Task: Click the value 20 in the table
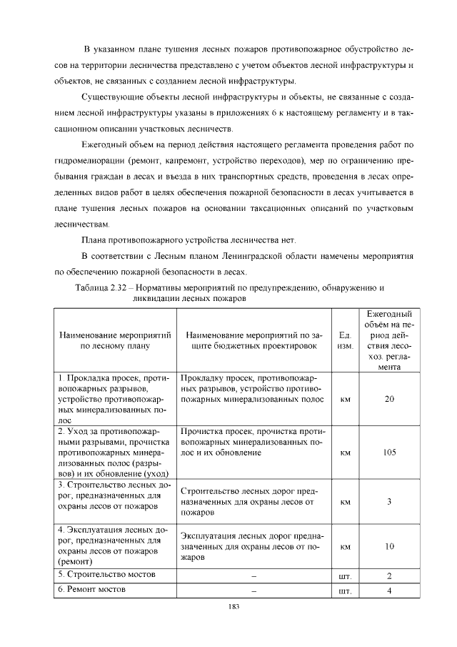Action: [x=389, y=399]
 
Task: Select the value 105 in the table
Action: [x=389, y=453]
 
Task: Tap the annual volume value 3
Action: [x=389, y=501]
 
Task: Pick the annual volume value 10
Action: [x=389, y=546]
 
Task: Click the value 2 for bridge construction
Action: [x=389, y=576]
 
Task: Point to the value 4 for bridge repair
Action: [x=389, y=591]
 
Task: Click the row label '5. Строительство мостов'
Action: [x=106, y=575]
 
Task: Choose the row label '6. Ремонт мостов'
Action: [x=92, y=590]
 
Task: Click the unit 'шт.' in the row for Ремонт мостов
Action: [x=345, y=591]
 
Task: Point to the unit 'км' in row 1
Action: [x=345, y=399]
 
